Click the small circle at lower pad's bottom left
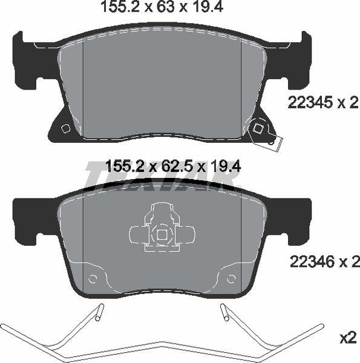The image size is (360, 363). (x=93, y=279)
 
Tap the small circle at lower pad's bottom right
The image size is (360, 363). (x=231, y=279)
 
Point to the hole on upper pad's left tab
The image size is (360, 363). (x=65, y=128)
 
